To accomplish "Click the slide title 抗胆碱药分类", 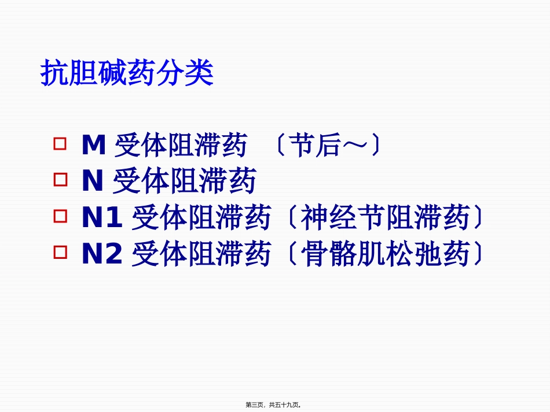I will point(127,74).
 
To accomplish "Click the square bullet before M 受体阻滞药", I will point(60,143).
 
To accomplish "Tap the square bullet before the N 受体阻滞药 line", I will point(60,180).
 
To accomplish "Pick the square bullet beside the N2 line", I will point(60,253).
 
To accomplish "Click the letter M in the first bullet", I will point(93,146).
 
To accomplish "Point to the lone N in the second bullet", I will point(92,182).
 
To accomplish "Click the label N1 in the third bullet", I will point(102,218).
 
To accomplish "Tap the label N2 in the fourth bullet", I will point(102,255).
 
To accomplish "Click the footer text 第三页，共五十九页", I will point(273,405).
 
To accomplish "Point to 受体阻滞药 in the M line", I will point(181,146).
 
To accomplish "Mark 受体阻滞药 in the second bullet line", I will point(184,182).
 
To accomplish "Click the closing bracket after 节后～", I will point(376,146).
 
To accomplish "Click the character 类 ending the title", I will point(200,74).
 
